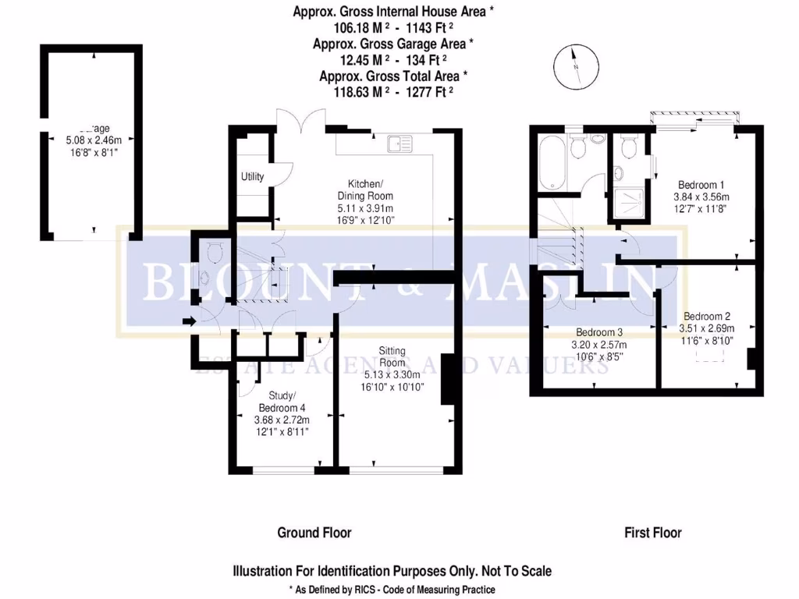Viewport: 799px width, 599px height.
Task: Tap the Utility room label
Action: coord(252,177)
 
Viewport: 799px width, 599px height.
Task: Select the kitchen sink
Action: coord(399,143)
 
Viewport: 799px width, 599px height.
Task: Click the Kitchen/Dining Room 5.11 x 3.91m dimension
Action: coord(365,209)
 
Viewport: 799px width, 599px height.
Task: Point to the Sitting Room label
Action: coord(392,356)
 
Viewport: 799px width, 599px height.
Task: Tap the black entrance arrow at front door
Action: coord(188,320)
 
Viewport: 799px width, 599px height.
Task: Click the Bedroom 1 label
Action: coord(701,185)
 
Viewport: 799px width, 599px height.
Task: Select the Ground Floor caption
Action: coord(314,533)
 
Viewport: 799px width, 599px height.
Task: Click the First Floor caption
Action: coord(652,533)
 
